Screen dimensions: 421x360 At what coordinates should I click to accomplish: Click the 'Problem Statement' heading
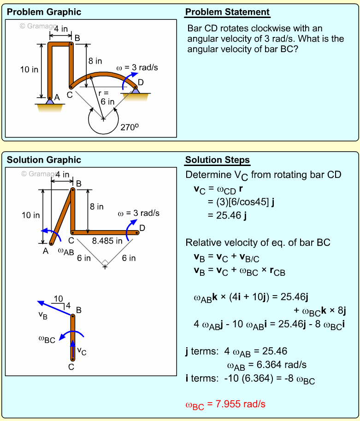[x=227, y=12]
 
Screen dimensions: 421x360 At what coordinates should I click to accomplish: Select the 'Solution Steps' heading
[x=218, y=160]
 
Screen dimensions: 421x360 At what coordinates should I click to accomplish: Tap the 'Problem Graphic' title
[x=44, y=12]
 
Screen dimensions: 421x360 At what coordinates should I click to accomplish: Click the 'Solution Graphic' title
[x=44, y=160]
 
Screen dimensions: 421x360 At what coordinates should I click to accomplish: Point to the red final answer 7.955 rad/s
[x=225, y=404]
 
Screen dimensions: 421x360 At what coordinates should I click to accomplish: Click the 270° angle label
[x=129, y=127]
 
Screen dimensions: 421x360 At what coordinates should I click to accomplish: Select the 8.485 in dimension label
[x=107, y=241]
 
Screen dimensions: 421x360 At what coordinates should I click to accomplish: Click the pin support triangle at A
[x=50, y=101]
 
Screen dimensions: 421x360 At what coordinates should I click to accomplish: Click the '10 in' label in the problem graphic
[x=30, y=70]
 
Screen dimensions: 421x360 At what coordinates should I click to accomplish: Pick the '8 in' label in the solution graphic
[x=96, y=207]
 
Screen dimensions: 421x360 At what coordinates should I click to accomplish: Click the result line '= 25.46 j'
[x=226, y=215]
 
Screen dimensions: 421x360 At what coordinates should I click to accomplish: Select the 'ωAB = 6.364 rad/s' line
[x=267, y=365]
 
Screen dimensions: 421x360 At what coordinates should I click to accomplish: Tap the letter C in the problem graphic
[x=69, y=95]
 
